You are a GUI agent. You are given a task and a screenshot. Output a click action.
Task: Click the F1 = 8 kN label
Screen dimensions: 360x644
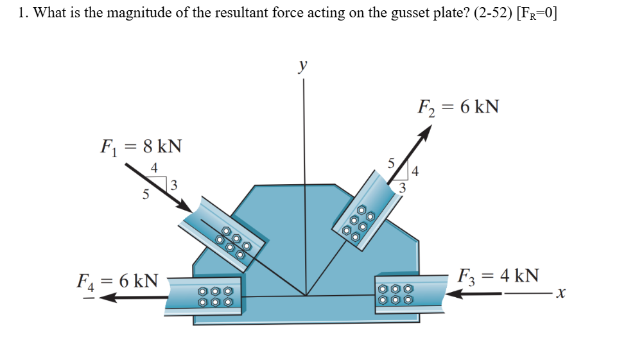[141, 147]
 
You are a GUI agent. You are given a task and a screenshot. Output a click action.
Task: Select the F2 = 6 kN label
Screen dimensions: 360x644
[458, 107]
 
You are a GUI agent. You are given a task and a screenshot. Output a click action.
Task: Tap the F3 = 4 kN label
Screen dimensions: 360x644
[498, 276]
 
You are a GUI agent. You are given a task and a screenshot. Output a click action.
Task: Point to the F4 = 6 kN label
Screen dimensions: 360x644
[117, 281]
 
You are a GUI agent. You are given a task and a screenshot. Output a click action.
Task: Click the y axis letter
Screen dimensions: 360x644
[302, 65]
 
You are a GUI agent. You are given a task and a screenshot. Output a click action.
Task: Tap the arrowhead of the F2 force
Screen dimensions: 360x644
[424, 132]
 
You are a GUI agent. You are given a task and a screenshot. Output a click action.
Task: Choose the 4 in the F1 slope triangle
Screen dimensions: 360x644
[153, 168]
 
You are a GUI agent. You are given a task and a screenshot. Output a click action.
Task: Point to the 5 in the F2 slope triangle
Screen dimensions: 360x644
[390, 162]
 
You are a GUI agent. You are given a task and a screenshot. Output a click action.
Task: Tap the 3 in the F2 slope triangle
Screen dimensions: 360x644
[403, 187]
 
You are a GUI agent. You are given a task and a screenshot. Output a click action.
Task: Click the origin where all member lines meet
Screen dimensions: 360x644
[306, 296]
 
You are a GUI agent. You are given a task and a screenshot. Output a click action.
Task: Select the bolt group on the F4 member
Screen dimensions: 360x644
[216, 296]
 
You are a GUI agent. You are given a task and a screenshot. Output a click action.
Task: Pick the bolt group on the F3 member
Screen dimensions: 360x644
[395, 295]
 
